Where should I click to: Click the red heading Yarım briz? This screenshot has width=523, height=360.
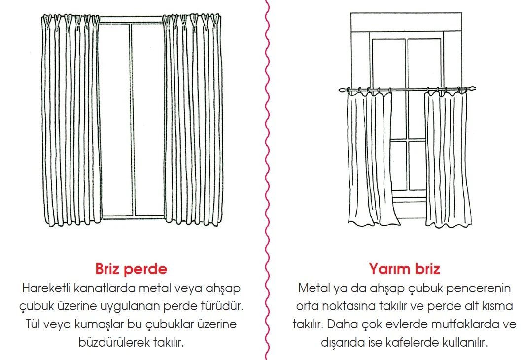tap(404, 269)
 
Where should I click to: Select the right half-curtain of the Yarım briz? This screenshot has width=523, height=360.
tap(447, 158)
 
